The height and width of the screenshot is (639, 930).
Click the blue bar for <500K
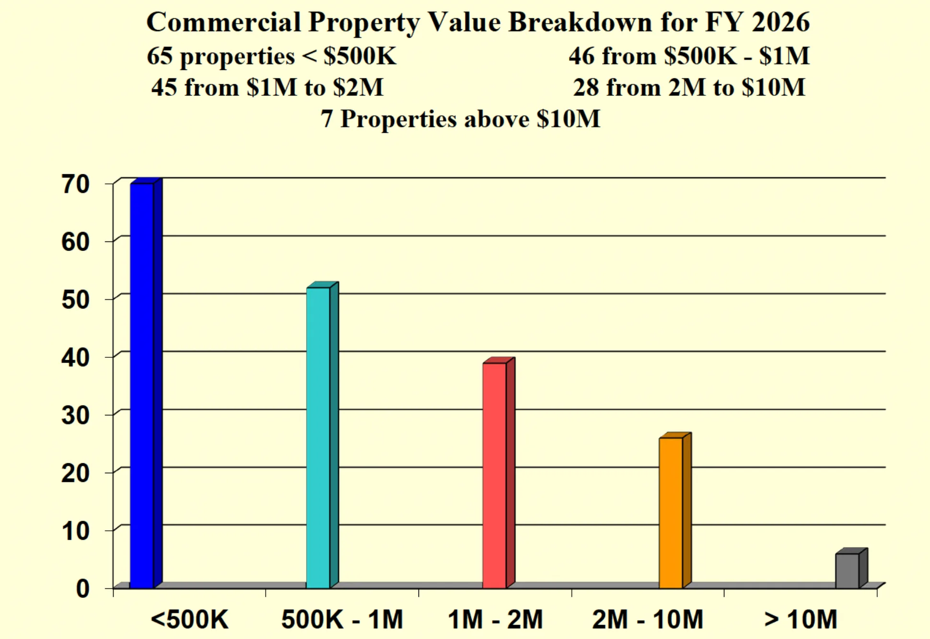(142, 386)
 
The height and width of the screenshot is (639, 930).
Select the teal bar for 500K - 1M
(318, 438)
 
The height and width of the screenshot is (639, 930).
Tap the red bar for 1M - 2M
(495, 475)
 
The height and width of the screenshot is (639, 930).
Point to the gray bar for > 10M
(848, 571)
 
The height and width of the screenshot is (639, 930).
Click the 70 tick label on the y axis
(76, 184)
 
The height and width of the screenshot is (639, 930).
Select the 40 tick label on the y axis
(76, 358)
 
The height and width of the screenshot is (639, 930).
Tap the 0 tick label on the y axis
(83, 589)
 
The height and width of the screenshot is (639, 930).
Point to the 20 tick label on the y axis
(76, 474)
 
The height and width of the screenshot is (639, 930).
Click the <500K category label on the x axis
(190, 619)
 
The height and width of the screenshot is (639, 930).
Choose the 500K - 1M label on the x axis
(342, 619)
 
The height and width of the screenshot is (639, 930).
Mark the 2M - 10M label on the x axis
(648, 619)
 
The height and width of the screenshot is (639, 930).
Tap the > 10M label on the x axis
(801, 619)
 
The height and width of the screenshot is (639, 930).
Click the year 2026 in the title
(781, 22)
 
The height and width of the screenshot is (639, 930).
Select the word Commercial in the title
(224, 22)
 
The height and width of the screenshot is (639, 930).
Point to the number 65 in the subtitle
(160, 56)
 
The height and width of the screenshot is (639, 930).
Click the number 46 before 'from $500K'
(582, 56)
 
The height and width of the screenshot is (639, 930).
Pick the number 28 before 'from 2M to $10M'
(586, 88)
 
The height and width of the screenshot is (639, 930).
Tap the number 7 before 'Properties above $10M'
(326, 119)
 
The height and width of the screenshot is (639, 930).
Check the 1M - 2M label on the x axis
(495, 619)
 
